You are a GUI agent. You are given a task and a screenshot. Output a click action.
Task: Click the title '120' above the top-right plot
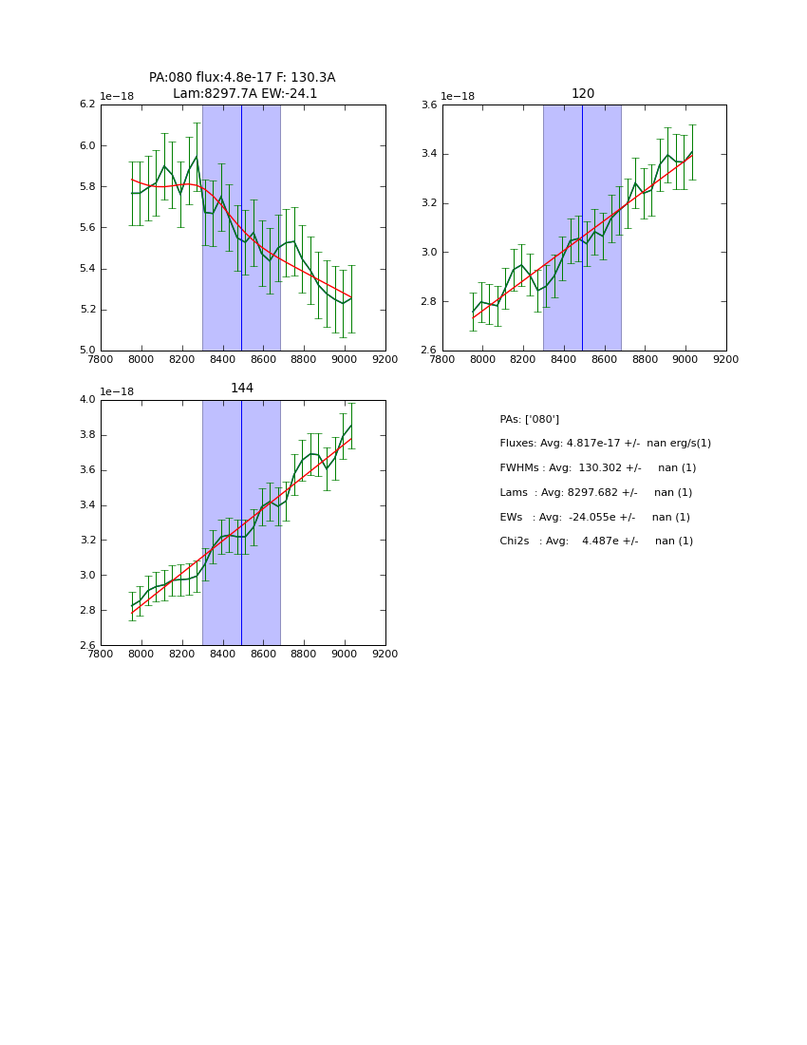click(583, 94)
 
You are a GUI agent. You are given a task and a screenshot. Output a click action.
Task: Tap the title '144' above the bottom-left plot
click(242, 389)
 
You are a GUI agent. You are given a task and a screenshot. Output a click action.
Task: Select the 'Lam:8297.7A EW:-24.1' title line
click(245, 94)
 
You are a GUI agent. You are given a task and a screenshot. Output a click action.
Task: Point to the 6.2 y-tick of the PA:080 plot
click(86, 104)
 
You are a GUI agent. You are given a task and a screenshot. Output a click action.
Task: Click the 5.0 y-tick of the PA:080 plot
click(86, 351)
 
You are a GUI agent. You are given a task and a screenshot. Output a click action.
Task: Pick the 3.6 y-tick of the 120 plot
click(428, 104)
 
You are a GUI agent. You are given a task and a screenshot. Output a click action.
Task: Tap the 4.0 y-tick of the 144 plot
click(86, 400)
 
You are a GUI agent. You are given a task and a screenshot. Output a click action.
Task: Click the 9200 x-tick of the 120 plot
click(726, 360)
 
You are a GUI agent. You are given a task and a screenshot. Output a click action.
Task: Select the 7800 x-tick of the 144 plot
click(101, 655)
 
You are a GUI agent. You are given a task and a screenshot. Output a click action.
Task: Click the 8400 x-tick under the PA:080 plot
click(222, 360)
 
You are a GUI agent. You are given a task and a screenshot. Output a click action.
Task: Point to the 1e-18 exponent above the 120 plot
click(458, 97)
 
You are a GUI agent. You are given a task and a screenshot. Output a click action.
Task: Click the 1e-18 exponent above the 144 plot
click(117, 391)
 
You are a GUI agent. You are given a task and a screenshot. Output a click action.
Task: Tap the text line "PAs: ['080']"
click(529, 420)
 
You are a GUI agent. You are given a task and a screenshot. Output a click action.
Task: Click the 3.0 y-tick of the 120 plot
click(428, 253)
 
